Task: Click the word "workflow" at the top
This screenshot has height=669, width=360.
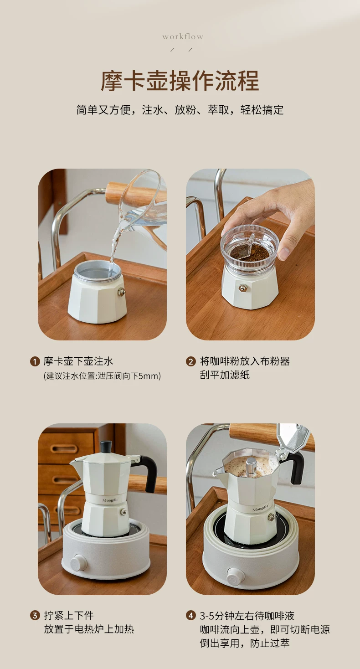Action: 183,37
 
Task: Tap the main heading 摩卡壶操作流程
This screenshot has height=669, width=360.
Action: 180,81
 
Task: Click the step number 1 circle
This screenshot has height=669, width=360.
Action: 35,362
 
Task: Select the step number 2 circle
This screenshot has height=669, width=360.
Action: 191,362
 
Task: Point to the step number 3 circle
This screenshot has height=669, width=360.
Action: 35,616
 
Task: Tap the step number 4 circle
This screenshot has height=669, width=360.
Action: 191,616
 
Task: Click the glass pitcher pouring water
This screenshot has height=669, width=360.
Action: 140,209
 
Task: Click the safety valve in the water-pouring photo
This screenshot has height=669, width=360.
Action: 122,292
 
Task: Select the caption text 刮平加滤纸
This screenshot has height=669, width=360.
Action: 225,375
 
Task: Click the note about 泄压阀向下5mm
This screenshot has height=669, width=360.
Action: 102,376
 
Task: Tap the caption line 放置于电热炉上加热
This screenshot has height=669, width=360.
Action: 89,629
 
